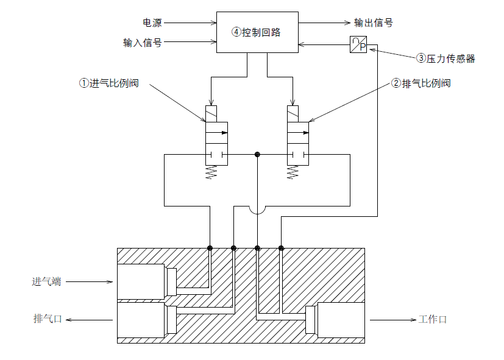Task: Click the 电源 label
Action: click(x=152, y=23)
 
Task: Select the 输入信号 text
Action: click(x=142, y=43)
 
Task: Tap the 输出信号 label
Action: click(x=374, y=23)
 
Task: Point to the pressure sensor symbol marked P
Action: click(x=358, y=44)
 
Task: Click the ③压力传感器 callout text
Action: click(x=445, y=59)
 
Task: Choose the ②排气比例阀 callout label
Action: click(x=421, y=83)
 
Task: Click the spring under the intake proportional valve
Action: click(x=211, y=172)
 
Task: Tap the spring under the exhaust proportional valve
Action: click(x=293, y=172)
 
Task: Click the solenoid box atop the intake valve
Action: click(x=211, y=114)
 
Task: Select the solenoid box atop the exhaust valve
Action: click(x=294, y=114)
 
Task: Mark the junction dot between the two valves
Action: click(x=257, y=155)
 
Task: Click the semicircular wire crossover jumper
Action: click(x=257, y=210)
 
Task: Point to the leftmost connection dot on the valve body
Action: click(x=210, y=248)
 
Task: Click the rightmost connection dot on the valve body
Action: click(x=281, y=248)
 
